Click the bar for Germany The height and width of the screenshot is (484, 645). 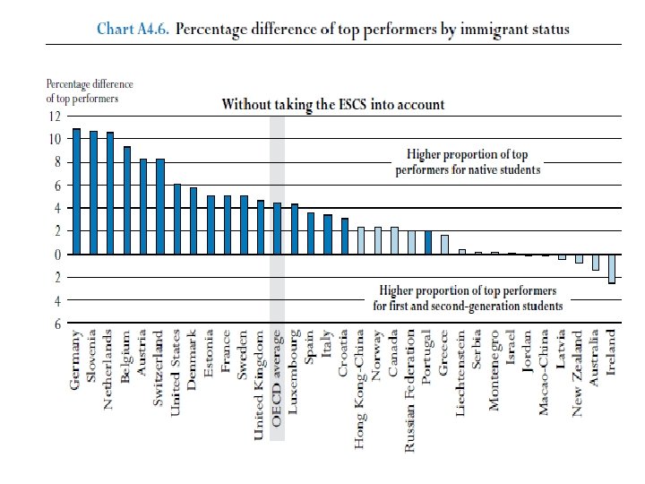[x=76, y=192]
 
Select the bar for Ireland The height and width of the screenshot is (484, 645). [x=612, y=268]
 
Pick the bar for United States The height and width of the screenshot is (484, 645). [x=176, y=220]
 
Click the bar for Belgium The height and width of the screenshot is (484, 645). [x=126, y=201]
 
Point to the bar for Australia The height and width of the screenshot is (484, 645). [x=595, y=262]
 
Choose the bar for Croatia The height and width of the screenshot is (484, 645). [x=344, y=236]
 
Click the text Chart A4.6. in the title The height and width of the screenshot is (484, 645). [x=133, y=30]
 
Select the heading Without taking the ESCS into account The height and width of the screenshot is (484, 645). [x=333, y=104]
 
